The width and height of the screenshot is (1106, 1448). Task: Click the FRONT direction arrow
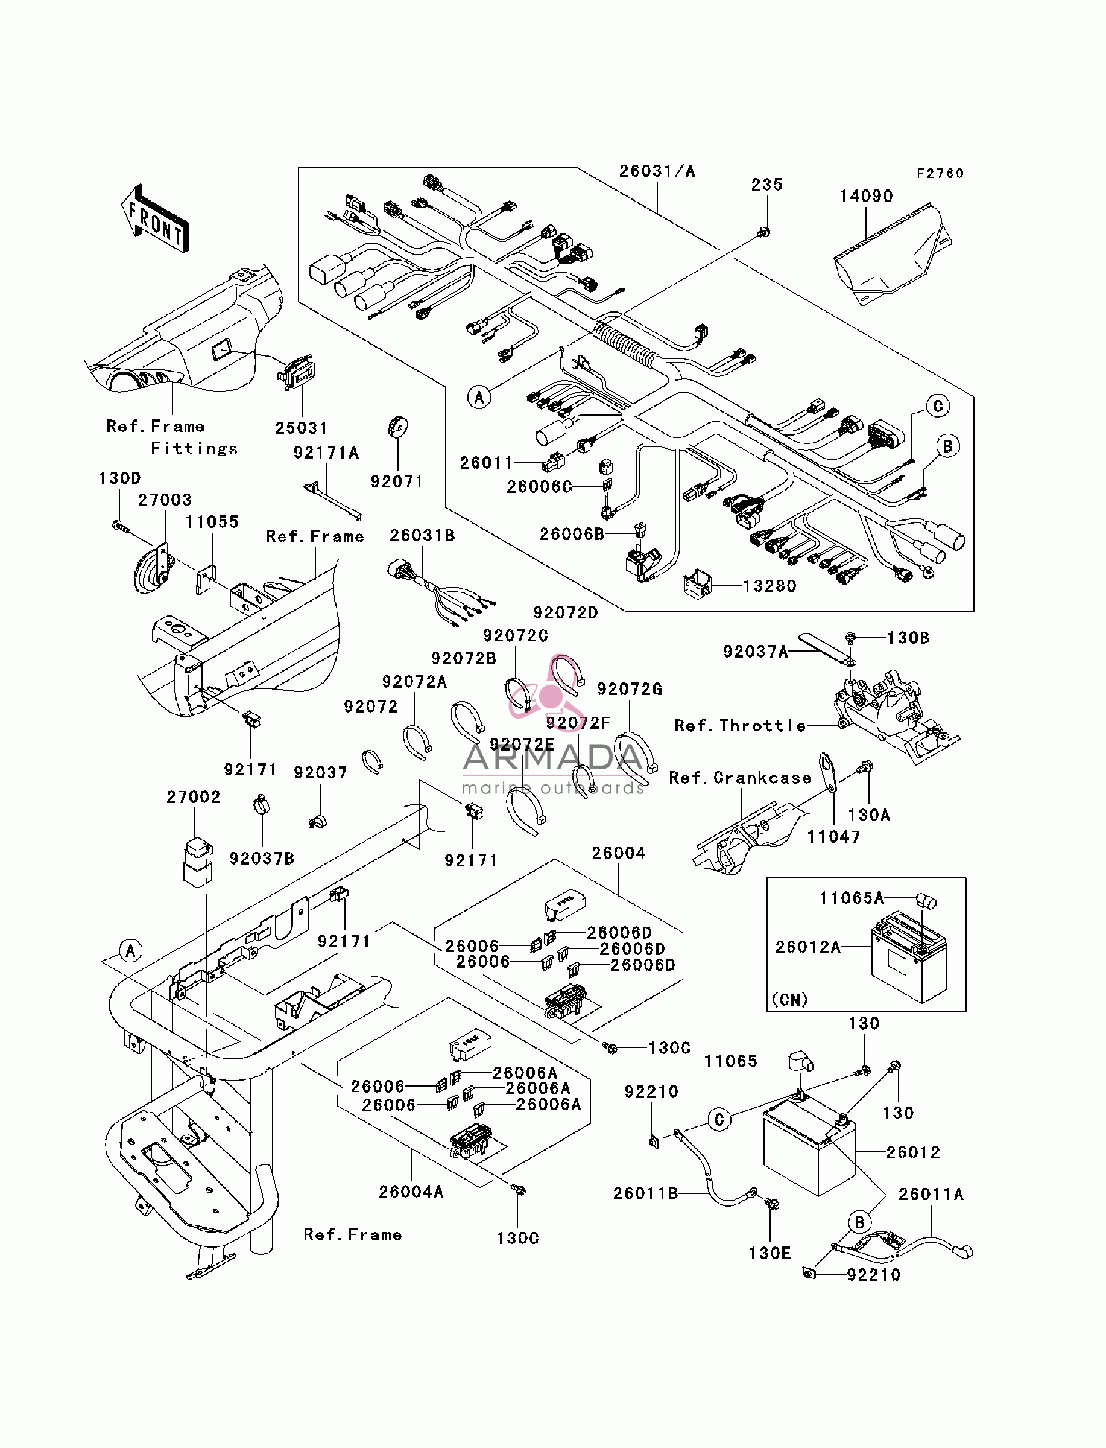tap(156, 218)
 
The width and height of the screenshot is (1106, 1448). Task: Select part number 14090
tap(866, 196)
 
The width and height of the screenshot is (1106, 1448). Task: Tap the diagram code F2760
tap(940, 173)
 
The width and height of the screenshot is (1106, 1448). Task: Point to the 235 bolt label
tap(767, 185)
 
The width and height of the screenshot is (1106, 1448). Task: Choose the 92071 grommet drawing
tap(397, 427)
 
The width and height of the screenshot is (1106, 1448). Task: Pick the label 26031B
tap(422, 535)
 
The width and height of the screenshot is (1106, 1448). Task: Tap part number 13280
tap(769, 586)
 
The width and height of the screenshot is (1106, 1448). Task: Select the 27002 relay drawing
tap(198, 862)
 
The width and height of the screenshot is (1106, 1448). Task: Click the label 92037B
tap(261, 858)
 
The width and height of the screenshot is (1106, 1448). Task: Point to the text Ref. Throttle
tap(740, 726)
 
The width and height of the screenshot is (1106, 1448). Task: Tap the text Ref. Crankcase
tap(740, 778)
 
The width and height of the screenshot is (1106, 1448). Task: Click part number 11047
tap(833, 837)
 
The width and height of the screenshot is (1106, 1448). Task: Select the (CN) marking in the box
tap(789, 1000)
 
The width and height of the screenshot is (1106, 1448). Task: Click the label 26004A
tap(411, 1191)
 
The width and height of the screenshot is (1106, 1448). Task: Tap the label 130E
tap(769, 1253)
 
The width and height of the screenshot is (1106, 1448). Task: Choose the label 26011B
tap(645, 1193)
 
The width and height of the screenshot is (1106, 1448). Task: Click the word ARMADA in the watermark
tap(553, 758)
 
